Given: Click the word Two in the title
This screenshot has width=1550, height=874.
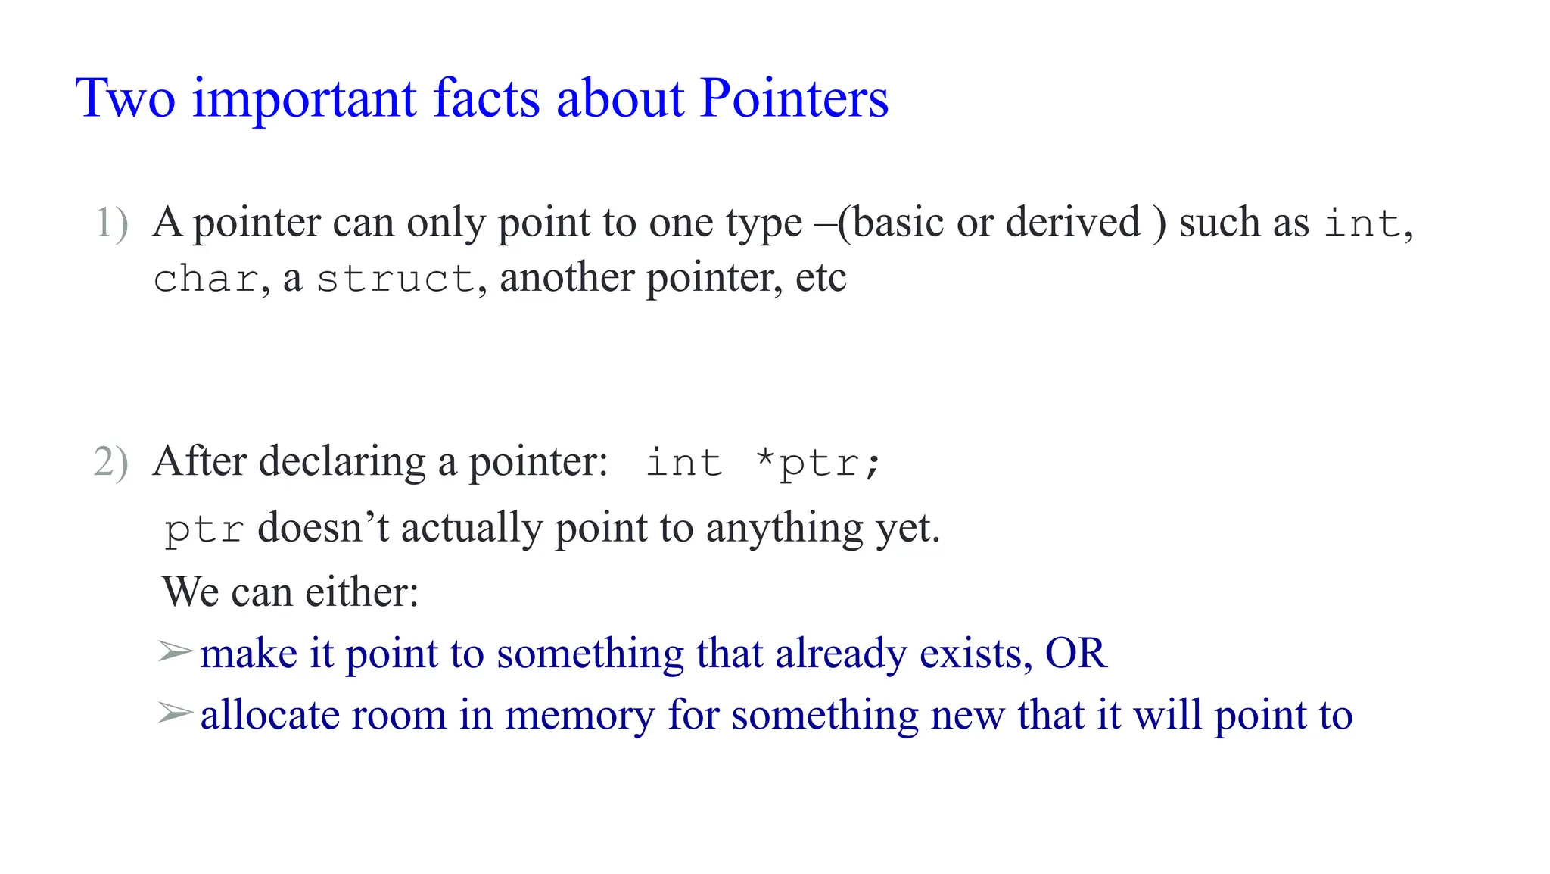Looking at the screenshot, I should [126, 98].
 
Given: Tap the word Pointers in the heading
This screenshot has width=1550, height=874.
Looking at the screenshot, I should [794, 98].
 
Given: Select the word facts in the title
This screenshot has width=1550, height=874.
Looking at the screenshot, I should [486, 98].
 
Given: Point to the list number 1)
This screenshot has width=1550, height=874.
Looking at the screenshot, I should [112, 223].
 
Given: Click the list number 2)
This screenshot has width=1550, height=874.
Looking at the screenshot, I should [111, 462].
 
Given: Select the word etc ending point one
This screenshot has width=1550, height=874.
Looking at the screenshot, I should [820, 278].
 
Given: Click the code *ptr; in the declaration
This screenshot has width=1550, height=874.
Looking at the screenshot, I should [818, 463].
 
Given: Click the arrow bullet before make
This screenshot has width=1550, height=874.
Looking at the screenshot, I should [175, 651].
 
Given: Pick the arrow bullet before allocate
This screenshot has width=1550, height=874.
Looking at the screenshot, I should [175, 713].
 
